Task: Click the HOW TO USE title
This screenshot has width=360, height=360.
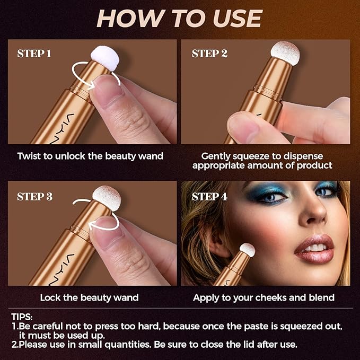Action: [180, 19]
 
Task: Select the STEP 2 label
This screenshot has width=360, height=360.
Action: [209, 54]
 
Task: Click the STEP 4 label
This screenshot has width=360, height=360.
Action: [209, 197]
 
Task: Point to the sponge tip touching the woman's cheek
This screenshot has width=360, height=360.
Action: [247, 249]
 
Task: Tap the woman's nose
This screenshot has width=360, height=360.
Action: [317, 215]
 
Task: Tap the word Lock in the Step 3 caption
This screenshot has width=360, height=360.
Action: [50, 297]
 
